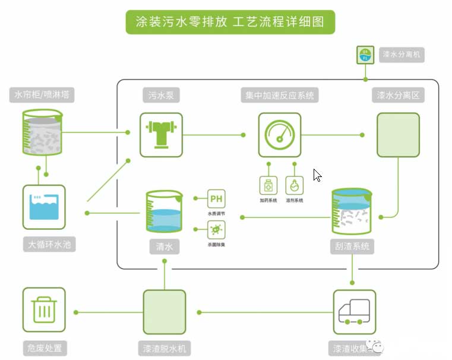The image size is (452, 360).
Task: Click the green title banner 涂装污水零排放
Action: [x=230, y=23]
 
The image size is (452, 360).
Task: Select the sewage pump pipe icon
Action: [x=161, y=135]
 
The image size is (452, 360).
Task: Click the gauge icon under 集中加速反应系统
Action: [x=279, y=135]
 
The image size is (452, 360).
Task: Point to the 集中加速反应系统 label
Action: [x=279, y=95]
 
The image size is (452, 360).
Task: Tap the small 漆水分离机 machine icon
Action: [x=365, y=55]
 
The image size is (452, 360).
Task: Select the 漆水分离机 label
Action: [x=403, y=55]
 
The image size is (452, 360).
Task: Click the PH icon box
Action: [x=216, y=198]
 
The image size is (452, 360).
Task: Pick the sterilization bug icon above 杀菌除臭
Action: [x=216, y=229]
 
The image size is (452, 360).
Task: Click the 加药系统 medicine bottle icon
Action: [x=268, y=185]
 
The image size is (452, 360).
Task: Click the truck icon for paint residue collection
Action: [x=354, y=311]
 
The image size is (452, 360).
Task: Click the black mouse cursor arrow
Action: [x=317, y=175]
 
